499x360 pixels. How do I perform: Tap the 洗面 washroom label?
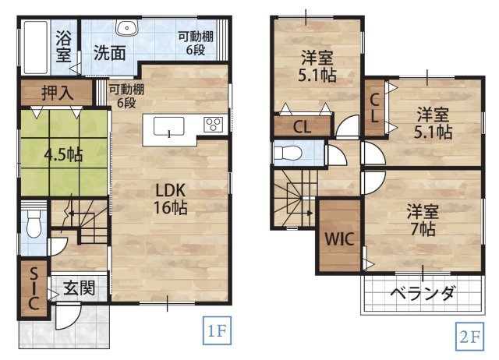[x=110, y=53]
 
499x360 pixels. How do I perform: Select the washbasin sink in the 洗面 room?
[x=126, y=28]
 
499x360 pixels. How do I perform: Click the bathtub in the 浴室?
[x=34, y=45]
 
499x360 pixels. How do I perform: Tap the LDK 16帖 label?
[x=169, y=198]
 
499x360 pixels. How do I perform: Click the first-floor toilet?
[x=33, y=226]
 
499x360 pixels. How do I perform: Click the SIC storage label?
[x=34, y=289]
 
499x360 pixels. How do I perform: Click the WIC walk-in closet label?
[x=339, y=239]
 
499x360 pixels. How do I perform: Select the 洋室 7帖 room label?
[x=421, y=220]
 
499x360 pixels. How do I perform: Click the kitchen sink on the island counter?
[x=169, y=126]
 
